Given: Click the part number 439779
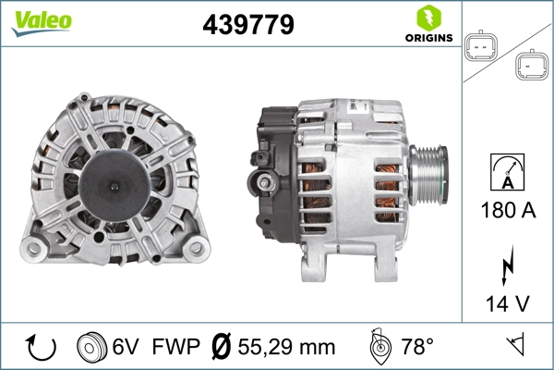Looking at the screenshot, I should point(247,25).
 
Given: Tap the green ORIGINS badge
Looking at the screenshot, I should point(428,25).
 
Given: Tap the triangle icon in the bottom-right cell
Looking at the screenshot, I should point(515,347).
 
